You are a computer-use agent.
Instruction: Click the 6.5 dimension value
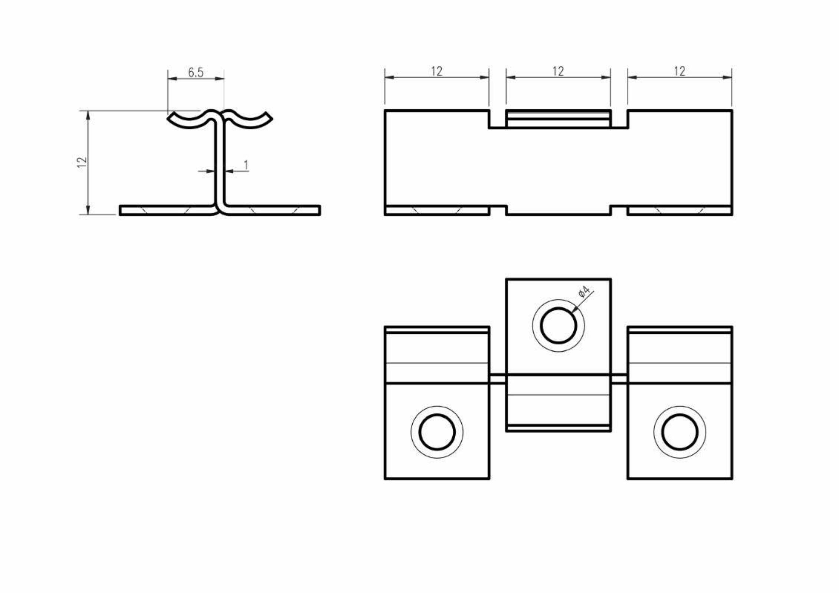196,72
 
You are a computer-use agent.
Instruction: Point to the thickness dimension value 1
246,165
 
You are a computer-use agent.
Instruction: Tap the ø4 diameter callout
584,292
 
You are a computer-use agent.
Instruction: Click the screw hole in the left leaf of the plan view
437,432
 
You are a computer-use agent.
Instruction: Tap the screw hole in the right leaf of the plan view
680,432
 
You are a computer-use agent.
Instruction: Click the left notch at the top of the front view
497,119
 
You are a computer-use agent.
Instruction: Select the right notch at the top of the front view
619,119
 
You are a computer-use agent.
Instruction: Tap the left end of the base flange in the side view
120,210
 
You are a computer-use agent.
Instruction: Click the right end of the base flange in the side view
319,210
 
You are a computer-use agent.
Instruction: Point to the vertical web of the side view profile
220,163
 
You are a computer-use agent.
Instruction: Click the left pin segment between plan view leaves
497,379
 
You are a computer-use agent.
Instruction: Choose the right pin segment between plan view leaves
619,379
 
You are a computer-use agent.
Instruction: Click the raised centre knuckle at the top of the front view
558,119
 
